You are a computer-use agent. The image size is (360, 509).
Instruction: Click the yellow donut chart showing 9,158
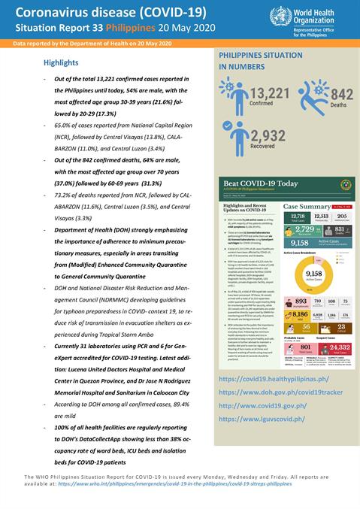tap(313, 275)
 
